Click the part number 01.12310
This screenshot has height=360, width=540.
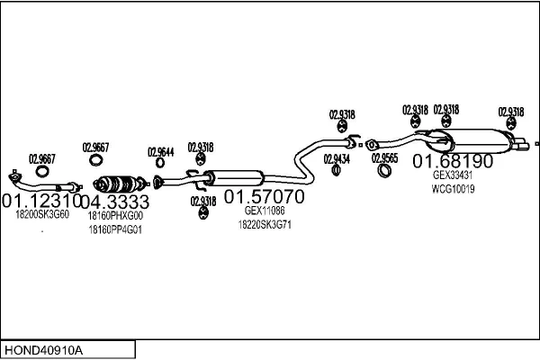coord(41,200)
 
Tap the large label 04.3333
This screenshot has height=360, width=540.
coord(115,202)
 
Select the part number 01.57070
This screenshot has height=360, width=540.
coord(264,197)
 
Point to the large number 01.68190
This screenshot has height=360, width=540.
coord(453,161)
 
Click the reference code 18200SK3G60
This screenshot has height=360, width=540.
coord(42,214)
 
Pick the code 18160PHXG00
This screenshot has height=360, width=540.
coord(115,216)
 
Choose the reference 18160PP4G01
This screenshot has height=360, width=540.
coord(115,229)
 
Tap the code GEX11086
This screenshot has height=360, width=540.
coord(265,210)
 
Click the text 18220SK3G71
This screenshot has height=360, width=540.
coord(265,225)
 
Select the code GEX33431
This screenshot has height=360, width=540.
coord(453,175)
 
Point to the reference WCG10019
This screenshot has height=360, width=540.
coord(453,189)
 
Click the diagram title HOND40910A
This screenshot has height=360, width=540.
coord(43,350)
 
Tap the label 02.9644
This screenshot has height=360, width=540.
coord(161,152)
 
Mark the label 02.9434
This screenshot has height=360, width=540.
coord(337,158)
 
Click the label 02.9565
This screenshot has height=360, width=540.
coord(384,158)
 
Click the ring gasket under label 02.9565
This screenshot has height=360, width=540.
coord(384,170)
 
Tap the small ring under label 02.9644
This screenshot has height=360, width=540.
coord(160,163)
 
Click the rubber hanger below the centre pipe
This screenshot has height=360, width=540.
coord(203,212)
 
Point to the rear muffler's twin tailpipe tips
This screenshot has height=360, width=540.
coord(519,144)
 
